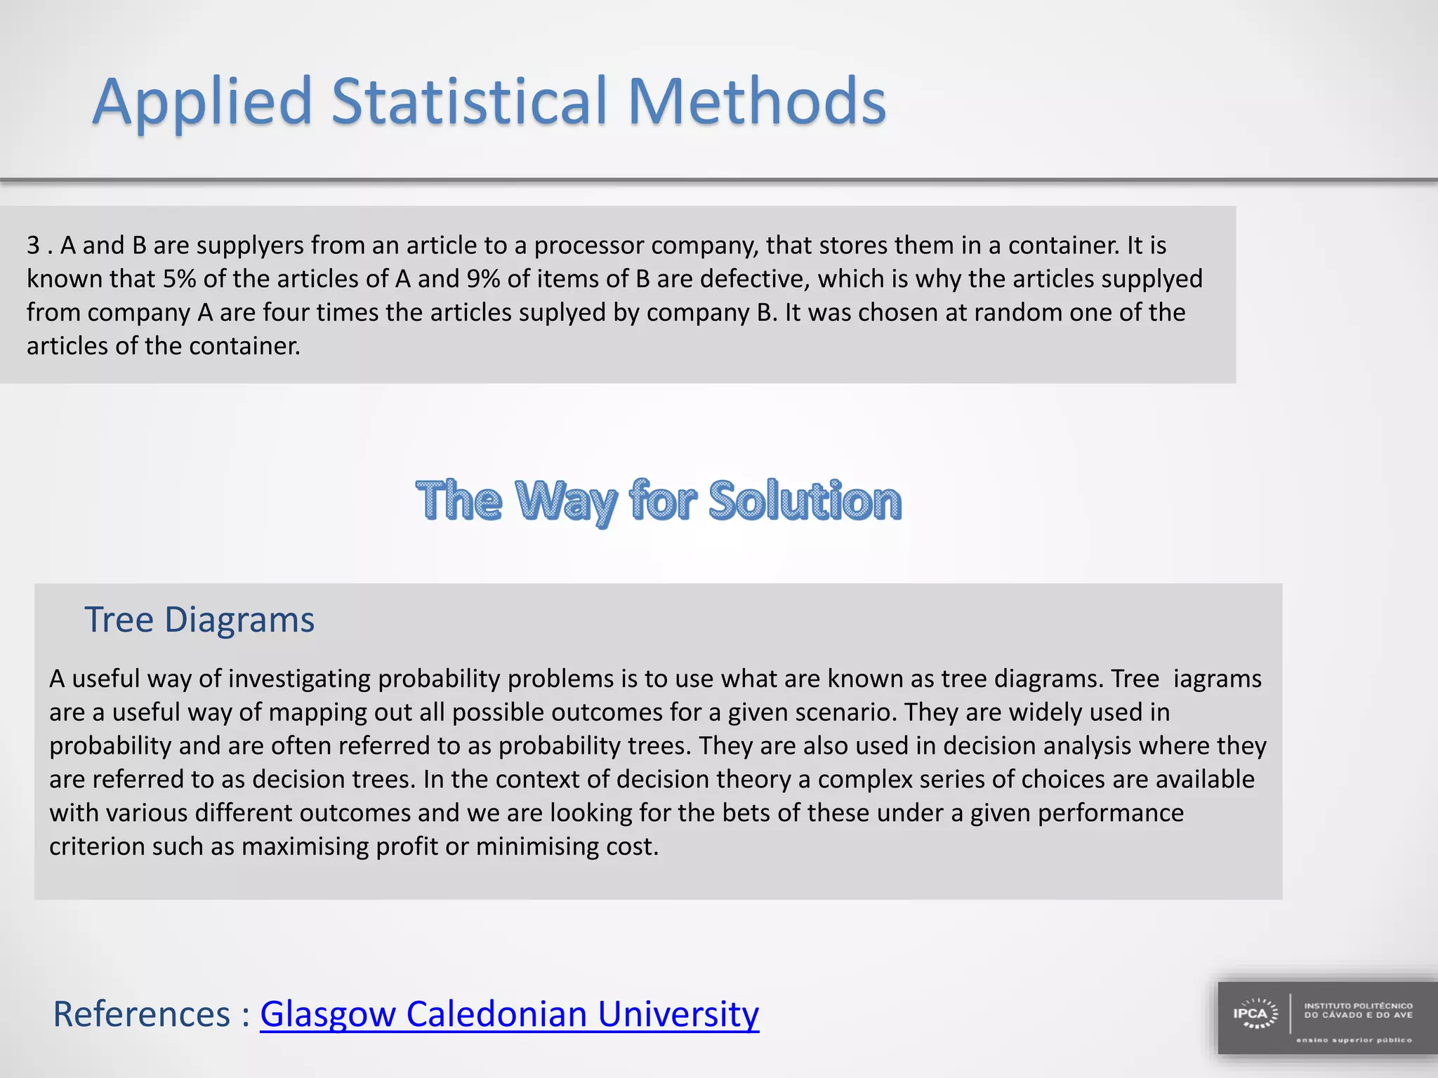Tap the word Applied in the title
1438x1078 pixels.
202,104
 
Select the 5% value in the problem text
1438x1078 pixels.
180,279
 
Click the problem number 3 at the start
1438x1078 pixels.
33,246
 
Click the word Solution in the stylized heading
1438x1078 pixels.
805,501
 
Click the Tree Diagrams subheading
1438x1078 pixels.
199,620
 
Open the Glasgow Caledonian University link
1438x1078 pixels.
509,1014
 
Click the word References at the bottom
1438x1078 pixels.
141,1014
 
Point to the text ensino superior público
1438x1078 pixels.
1353,1040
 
